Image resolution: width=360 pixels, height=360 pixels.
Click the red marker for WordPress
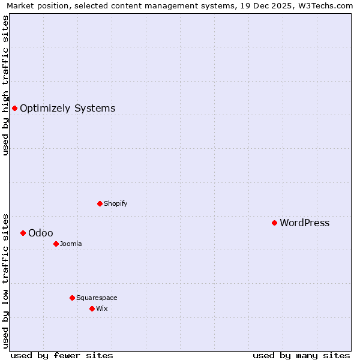pyautogui.click(x=274, y=223)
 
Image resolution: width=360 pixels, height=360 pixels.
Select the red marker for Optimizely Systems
pyautogui.click(x=14, y=108)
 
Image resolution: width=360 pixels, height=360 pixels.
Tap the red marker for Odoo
pyautogui.click(x=23, y=233)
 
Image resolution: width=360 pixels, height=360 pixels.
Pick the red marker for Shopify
pyautogui.click(x=100, y=203)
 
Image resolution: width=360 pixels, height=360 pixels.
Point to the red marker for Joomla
pyautogui.click(x=56, y=244)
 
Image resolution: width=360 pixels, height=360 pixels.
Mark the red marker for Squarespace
pyautogui.click(x=72, y=298)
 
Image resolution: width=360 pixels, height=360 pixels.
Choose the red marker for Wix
pyautogui.click(x=92, y=308)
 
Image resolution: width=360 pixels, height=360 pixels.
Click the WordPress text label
pyautogui.click(x=304, y=223)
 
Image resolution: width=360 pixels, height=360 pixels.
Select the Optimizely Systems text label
pyautogui.click(x=67, y=109)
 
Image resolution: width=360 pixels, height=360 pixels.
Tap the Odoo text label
pyautogui.click(x=40, y=233)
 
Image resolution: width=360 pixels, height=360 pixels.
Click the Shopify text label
pyautogui.click(x=115, y=204)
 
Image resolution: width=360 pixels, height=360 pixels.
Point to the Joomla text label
pyautogui.click(x=71, y=244)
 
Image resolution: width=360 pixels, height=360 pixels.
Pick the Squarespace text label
pyautogui.click(x=97, y=298)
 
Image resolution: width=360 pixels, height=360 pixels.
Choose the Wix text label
pyautogui.click(x=101, y=309)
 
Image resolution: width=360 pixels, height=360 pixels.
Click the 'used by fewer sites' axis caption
pyautogui.click(x=62, y=355)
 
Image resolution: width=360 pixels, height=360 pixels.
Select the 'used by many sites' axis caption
pyautogui.click(x=301, y=355)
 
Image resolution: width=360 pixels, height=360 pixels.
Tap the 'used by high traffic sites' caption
pyautogui.click(x=5, y=85)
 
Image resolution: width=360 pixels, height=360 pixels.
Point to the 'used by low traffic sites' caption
pyautogui.click(x=5, y=280)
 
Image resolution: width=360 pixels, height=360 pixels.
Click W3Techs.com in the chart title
pyautogui.click(x=328, y=6)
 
